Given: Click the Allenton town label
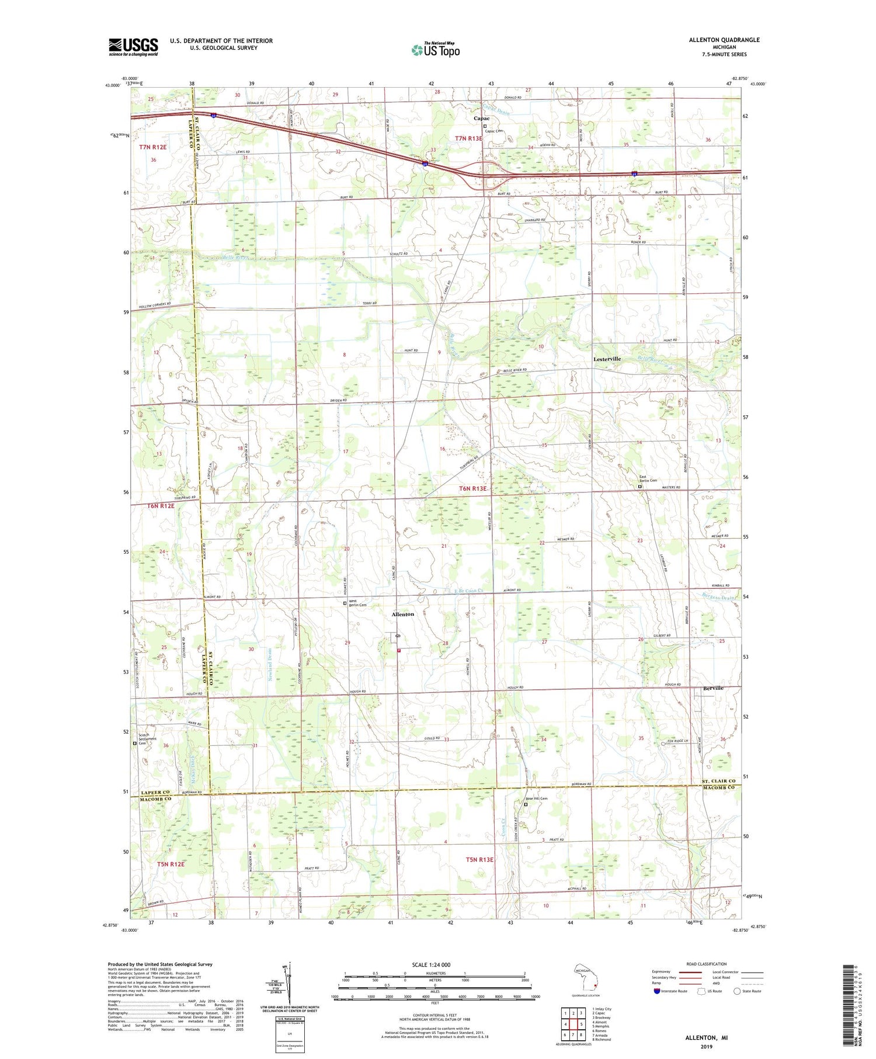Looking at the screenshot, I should click(x=402, y=614).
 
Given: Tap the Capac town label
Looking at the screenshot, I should click(x=481, y=119).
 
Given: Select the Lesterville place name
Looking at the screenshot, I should click(x=607, y=359).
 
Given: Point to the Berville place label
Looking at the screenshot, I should click(x=713, y=688).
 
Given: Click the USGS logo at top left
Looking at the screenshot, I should click(x=133, y=47).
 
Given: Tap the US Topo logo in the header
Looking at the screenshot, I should click(x=435, y=50).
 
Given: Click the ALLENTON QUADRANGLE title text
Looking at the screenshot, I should click(x=724, y=40).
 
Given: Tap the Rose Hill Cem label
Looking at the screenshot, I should click(x=536, y=798).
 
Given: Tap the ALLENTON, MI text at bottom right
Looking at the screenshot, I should click(x=707, y=1037).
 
